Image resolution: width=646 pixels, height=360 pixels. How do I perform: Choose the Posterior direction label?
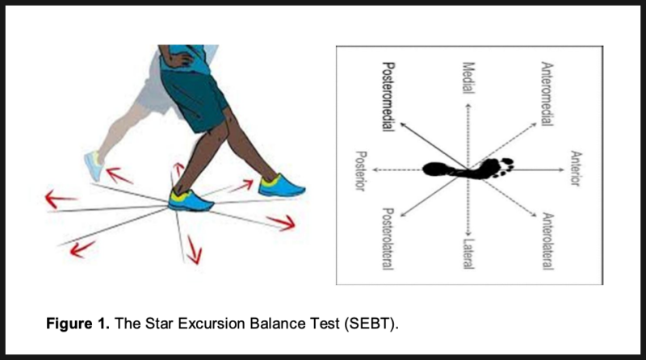360,170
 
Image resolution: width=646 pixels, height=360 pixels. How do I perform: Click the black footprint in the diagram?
468,169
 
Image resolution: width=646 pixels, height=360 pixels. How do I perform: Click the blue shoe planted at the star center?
191,198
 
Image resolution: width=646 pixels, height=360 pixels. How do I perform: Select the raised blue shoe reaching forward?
283,186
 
